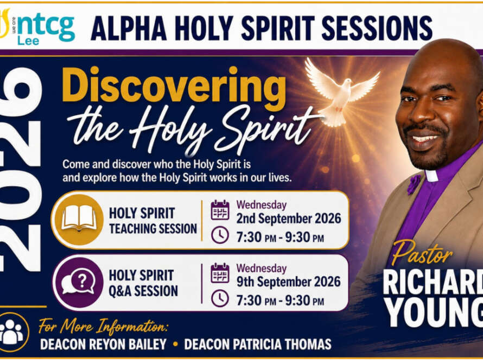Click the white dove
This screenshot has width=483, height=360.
[342, 92]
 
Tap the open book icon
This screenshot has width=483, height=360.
[79, 218]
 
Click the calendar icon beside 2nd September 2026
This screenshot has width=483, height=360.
[220, 210]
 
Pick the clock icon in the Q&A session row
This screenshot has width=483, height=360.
[220, 298]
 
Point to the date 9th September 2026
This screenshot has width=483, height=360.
[289, 281]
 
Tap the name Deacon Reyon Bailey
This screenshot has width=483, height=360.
[103, 344]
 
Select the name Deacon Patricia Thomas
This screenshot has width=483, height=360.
[258, 344]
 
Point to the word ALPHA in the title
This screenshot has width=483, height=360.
[129, 28]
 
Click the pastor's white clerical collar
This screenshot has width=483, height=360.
[431, 175]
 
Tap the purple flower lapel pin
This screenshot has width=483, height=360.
[414, 184]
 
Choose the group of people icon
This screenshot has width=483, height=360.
[12, 332]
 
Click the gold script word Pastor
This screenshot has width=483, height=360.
[422, 253]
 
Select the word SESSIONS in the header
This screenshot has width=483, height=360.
[377, 28]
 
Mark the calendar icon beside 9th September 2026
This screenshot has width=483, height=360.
[220, 273]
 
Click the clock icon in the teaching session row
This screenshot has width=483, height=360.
[220, 235]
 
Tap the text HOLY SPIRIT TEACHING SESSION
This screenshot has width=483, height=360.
[153, 221]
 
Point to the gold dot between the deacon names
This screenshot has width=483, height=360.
[176, 344]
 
